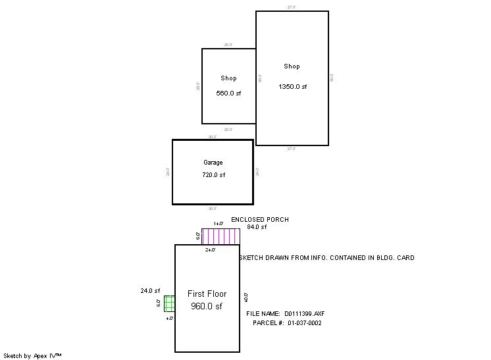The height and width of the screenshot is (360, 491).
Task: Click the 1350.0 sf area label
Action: click(x=292, y=87)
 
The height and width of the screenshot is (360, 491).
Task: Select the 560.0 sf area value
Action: click(x=228, y=93)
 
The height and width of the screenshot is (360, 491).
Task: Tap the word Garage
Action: click(x=213, y=163)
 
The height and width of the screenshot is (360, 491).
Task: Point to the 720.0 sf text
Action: click(x=213, y=175)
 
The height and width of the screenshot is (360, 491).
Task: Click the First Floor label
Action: click(x=207, y=294)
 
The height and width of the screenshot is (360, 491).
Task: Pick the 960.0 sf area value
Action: click(x=207, y=306)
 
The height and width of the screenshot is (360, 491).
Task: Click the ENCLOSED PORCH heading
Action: click(x=259, y=220)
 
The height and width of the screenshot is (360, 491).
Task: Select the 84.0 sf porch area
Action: click(x=257, y=227)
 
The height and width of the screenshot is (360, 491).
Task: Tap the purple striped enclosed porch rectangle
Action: click(x=220, y=236)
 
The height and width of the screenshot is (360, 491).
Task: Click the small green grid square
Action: click(x=169, y=303)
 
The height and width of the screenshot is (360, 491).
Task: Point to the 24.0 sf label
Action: click(x=150, y=290)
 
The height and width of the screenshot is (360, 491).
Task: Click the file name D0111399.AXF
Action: click(x=305, y=314)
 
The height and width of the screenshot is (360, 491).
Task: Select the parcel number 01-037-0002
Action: click(x=304, y=323)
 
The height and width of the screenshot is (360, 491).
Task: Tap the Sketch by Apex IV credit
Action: click(x=32, y=355)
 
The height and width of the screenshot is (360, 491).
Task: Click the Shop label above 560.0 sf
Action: click(x=228, y=78)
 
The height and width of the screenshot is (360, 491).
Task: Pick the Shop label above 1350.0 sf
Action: click(x=292, y=66)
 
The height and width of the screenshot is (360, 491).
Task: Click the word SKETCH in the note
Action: click(x=253, y=258)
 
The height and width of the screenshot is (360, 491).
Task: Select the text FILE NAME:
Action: click(x=263, y=314)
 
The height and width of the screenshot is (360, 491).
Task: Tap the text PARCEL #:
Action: click(x=268, y=323)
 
